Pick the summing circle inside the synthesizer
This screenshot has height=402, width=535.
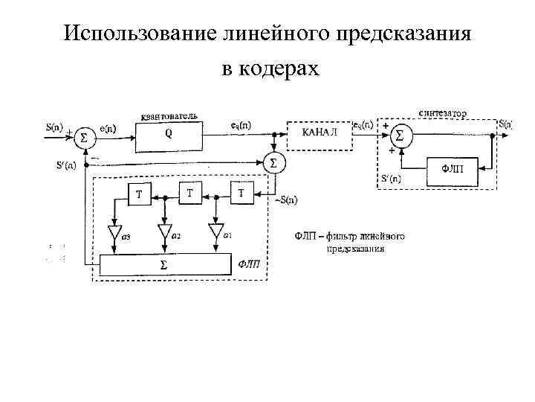(401, 135)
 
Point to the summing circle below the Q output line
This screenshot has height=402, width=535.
(273, 162)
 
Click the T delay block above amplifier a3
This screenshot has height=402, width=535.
(139, 196)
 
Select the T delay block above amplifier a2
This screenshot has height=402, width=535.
(190, 194)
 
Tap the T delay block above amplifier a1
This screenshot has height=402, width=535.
(241, 194)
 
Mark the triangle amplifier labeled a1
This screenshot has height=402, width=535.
(216, 232)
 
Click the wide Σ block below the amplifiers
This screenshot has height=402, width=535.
(164, 264)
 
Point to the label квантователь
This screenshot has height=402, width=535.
(169, 117)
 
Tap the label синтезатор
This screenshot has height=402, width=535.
(442, 114)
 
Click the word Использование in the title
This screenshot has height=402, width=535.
(139, 33)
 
